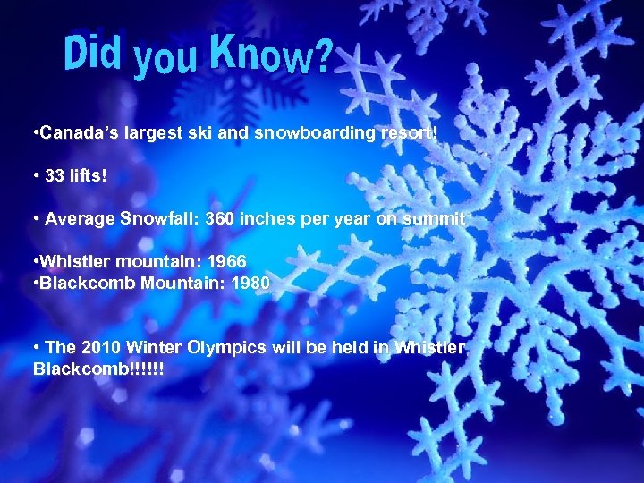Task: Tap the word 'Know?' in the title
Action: [272, 55]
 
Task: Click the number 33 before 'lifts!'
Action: [55, 174]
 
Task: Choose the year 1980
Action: [246, 283]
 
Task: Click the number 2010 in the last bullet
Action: [101, 347]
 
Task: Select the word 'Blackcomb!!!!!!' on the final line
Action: [97, 369]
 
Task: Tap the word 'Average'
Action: [79, 217]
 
